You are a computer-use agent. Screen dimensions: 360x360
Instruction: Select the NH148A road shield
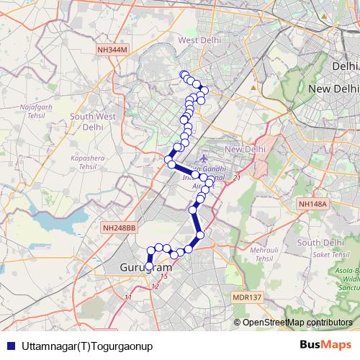click(313, 204)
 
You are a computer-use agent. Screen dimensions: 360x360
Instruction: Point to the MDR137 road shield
click(248, 295)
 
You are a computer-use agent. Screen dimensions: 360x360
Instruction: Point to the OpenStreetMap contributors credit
click(297, 322)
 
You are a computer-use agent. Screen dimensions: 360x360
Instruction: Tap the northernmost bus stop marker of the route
click(184, 75)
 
